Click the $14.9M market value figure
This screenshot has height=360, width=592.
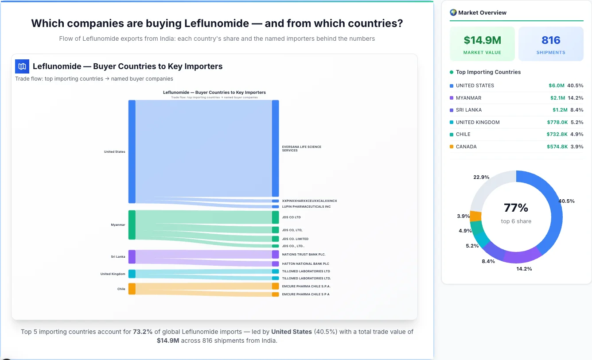tap(482, 40)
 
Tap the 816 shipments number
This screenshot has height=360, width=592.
tap(551, 40)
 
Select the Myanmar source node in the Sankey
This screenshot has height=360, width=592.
tap(132, 225)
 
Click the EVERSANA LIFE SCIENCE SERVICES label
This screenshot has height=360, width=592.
tap(301, 148)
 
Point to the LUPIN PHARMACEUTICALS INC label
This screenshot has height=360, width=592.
tap(306, 207)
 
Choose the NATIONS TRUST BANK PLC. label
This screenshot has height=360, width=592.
tap(304, 255)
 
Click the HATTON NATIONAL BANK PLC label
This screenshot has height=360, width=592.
tap(305, 264)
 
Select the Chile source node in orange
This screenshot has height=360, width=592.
tap(132, 289)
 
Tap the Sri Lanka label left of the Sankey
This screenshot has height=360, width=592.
tap(118, 257)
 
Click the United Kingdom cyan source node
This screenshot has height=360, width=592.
tap(132, 274)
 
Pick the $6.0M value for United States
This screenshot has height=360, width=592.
tap(557, 85)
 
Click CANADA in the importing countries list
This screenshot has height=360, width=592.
tap(466, 147)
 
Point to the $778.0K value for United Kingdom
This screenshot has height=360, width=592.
tap(557, 122)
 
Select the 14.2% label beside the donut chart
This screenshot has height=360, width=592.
tap(524, 269)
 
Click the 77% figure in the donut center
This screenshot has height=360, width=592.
tap(516, 208)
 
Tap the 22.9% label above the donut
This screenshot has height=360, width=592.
tap(481, 177)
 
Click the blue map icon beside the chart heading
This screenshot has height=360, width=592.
tap(22, 66)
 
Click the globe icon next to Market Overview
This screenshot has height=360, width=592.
tap(453, 12)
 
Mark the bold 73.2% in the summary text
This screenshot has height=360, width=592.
tap(143, 332)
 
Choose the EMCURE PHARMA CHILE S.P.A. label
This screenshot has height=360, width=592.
tap(306, 286)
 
